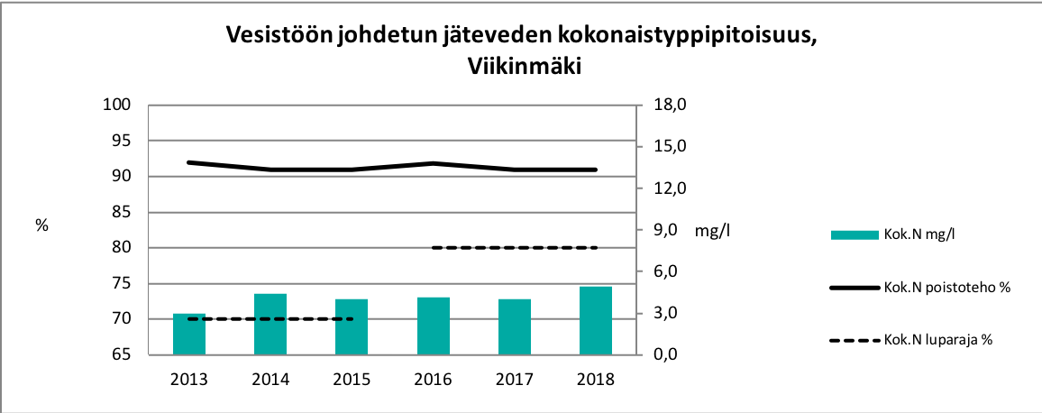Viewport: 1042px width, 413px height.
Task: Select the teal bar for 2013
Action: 189,335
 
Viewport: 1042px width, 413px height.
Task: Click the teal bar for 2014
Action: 270,325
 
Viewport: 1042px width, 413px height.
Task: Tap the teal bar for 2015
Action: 352,327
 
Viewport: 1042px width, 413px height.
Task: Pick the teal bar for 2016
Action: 433,326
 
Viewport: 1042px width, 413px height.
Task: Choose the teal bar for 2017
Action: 514,327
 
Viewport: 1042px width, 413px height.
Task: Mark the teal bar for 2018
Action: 595,321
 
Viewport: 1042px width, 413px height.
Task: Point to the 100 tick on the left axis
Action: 121,106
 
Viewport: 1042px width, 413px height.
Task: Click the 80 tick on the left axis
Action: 124,248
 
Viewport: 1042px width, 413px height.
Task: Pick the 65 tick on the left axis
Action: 124,355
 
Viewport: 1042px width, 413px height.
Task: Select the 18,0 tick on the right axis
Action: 669,106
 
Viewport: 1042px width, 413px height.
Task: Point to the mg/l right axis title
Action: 712,231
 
